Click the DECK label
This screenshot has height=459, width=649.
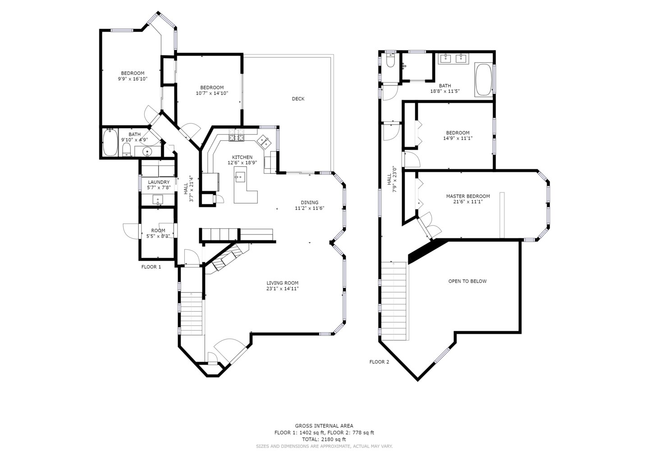(298, 99)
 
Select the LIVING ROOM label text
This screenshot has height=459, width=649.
(282, 283)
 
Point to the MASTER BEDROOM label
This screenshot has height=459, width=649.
(468, 196)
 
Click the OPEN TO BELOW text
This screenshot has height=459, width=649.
(467, 281)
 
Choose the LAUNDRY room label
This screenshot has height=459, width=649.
(159, 182)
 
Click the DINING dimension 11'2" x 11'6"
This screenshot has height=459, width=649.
(310, 208)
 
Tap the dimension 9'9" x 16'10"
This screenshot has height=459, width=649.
(133, 79)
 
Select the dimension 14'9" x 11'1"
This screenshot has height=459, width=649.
(457, 138)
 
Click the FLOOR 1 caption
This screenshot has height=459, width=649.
(151, 267)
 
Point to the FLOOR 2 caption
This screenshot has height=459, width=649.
(379, 362)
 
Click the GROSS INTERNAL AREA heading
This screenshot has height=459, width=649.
(324, 426)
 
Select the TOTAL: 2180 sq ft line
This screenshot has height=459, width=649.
(324, 439)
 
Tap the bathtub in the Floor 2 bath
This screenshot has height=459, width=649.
(484, 80)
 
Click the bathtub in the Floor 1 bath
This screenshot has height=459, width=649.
(110, 143)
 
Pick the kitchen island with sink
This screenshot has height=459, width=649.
(244, 184)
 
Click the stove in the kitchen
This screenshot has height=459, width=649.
(237, 137)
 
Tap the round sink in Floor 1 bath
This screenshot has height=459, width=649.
(146, 151)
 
